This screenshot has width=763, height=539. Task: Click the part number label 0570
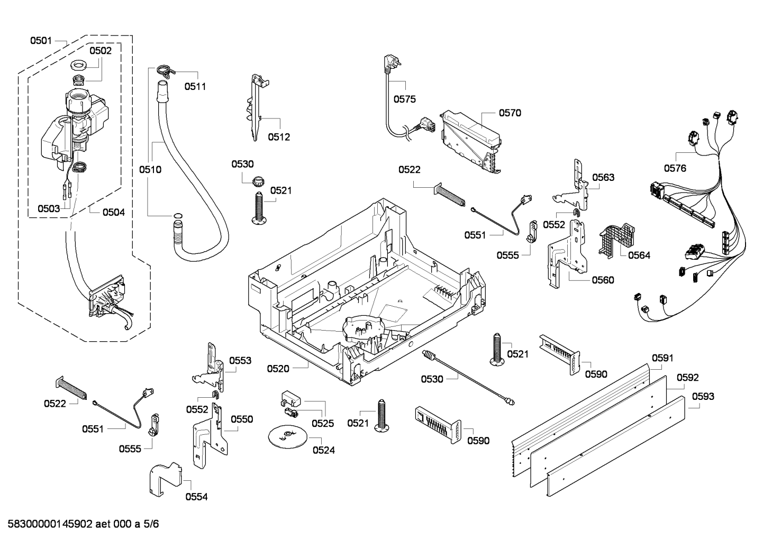click(510, 113)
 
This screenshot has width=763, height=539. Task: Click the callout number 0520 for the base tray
click(278, 369)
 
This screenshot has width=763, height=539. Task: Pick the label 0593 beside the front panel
click(703, 396)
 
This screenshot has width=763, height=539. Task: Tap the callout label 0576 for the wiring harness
click(675, 168)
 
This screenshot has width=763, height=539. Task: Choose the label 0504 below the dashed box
click(114, 212)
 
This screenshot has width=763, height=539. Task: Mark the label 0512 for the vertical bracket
click(279, 137)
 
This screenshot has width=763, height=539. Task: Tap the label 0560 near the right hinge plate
click(603, 280)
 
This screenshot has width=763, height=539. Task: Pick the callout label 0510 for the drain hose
click(150, 170)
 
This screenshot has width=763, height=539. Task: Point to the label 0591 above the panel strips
click(662, 358)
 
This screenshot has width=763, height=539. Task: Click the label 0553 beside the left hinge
click(240, 361)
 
